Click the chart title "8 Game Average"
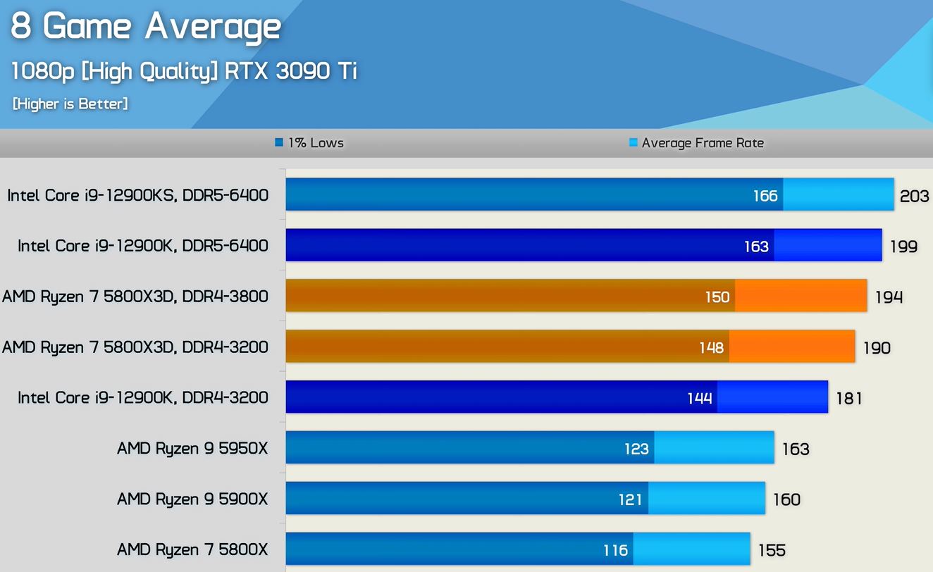point(145,27)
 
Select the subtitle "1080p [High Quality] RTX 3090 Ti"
point(185,70)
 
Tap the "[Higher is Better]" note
point(70,104)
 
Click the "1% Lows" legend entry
point(310,143)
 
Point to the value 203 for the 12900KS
point(914,196)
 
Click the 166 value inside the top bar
point(765,195)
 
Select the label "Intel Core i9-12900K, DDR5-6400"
point(143,246)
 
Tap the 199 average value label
point(903,247)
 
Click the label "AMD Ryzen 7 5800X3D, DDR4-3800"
point(135,297)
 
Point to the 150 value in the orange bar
point(717,297)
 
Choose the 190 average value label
point(877,347)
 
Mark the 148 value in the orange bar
point(712,347)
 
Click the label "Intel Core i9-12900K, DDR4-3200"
point(143,398)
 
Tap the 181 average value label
point(849,398)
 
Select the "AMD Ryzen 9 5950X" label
point(192,449)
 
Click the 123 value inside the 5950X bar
point(636,449)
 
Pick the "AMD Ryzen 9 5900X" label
point(192,499)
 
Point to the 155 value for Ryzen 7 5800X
point(772,550)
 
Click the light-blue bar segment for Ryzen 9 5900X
point(706,499)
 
